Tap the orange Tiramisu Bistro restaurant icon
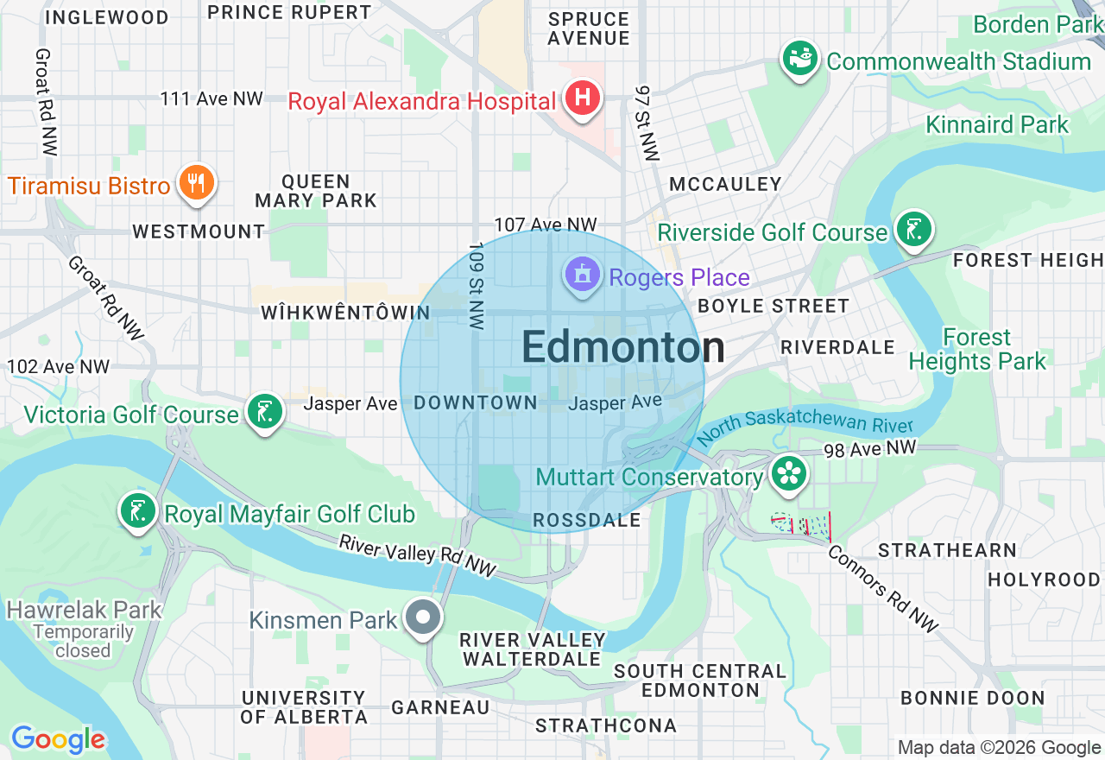197,183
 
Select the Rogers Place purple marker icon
582,275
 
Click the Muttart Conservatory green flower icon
789,474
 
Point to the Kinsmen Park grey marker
424,618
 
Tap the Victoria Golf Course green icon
264,413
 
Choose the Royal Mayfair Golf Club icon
138,512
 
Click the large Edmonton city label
623,347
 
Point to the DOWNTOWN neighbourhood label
476,403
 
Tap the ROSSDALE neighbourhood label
587,520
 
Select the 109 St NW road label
476,285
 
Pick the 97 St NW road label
646,122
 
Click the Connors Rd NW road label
883,589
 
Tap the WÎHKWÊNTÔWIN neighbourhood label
345,313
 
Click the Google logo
58,739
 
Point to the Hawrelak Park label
84,610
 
